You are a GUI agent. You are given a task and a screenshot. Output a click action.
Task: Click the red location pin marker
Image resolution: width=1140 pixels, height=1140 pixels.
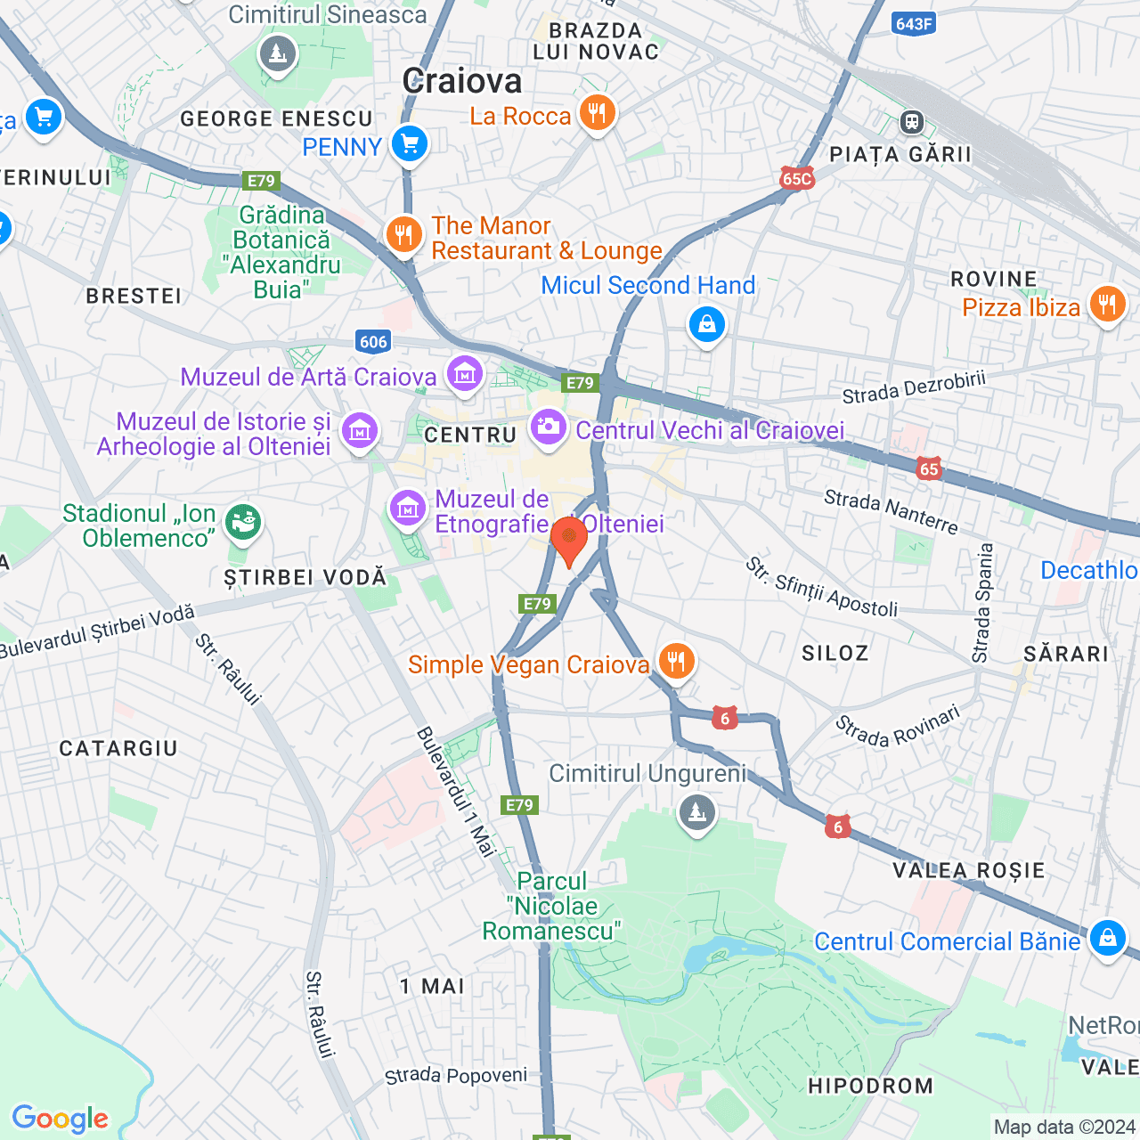click(x=568, y=539)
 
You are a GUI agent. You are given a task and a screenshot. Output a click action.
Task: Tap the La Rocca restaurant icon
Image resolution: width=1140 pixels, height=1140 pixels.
click(x=598, y=113)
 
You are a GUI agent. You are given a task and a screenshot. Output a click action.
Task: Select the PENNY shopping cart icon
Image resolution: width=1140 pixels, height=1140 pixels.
click(x=410, y=143)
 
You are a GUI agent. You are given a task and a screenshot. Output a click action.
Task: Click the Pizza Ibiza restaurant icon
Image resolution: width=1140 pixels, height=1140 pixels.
click(x=1107, y=305)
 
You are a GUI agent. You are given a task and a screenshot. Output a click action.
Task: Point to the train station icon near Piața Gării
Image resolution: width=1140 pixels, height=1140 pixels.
click(x=912, y=122)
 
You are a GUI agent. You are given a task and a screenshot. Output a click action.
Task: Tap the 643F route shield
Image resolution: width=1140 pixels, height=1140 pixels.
click(x=913, y=24)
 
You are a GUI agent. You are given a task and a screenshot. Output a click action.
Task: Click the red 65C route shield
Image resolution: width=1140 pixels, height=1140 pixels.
click(x=796, y=178)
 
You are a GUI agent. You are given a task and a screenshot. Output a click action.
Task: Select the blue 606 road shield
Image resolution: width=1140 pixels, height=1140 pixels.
click(x=373, y=341)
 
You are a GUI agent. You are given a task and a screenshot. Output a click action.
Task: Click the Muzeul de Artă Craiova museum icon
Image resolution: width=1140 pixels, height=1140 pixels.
click(x=464, y=375)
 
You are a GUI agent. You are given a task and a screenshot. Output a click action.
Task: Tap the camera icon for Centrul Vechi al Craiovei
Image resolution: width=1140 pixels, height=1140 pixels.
click(x=548, y=427)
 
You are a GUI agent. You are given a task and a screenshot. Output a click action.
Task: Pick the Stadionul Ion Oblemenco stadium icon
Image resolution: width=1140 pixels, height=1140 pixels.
click(x=242, y=521)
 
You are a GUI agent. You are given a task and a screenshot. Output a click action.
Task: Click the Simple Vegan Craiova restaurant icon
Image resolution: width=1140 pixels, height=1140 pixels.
click(x=677, y=662)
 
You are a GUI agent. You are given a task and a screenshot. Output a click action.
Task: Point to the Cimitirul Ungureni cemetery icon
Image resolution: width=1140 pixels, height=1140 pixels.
click(x=696, y=811)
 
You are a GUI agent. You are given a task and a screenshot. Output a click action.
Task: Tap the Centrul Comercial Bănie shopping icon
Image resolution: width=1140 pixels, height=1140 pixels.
click(x=1107, y=938)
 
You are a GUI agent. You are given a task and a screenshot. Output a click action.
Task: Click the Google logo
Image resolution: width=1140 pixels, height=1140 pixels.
click(x=60, y=1119)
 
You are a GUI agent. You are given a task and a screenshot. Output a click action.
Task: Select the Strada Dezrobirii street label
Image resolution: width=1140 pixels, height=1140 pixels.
click(x=914, y=388)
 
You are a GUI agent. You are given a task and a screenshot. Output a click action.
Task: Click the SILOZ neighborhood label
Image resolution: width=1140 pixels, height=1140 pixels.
click(x=835, y=654)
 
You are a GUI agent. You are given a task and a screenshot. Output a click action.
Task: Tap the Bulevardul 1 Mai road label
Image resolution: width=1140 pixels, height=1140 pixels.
click(x=456, y=792)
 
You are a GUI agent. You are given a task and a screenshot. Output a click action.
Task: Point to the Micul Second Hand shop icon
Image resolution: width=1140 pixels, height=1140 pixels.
click(x=706, y=324)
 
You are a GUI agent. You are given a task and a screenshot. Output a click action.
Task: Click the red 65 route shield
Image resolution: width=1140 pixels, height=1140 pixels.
click(x=929, y=468)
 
